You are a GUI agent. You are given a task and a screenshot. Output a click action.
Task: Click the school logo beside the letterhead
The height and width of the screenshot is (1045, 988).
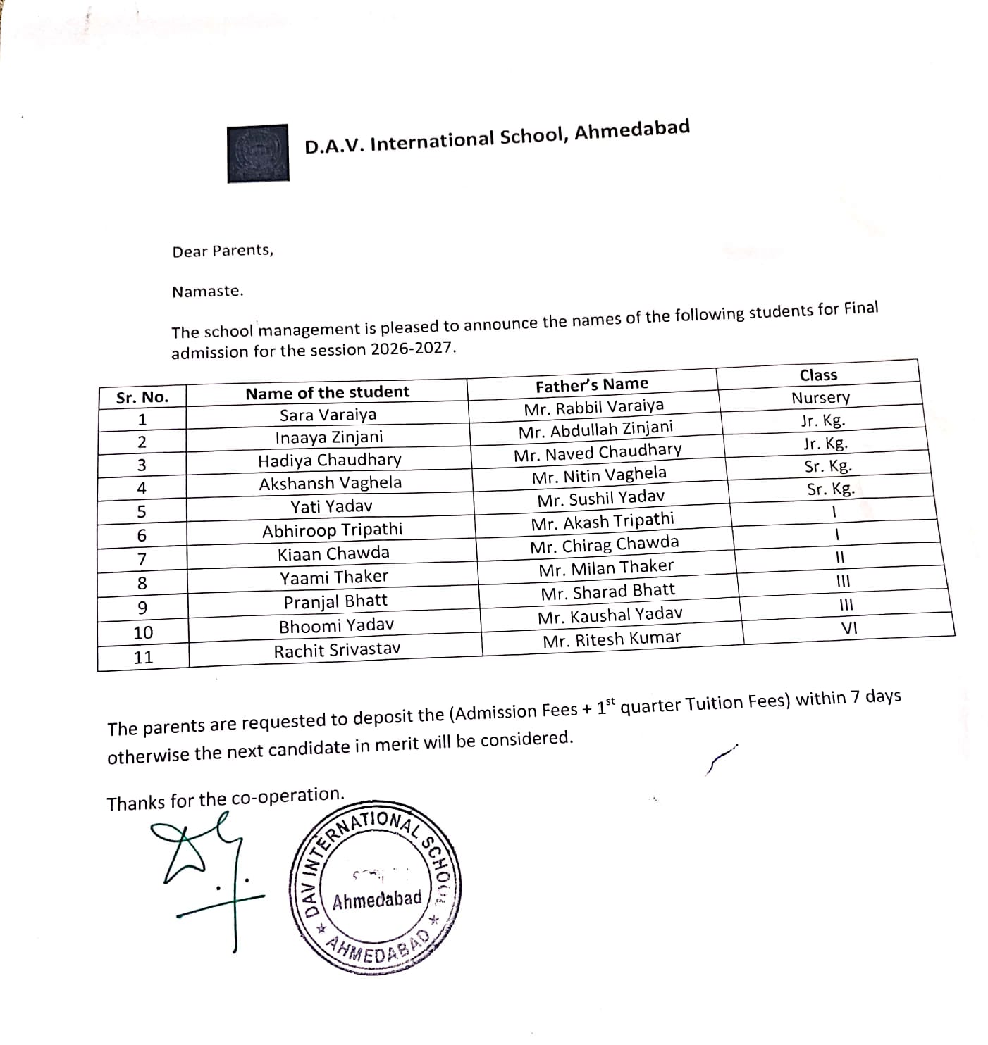[x=258, y=154]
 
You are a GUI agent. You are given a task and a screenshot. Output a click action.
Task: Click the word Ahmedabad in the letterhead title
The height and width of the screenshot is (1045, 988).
[x=632, y=130]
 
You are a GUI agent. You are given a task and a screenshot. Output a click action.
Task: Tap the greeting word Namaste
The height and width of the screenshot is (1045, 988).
[x=207, y=292]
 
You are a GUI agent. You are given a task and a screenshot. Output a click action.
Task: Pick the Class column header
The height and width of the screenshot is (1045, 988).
[x=818, y=375]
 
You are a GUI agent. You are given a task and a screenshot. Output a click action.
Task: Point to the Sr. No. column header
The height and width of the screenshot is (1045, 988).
[x=142, y=397]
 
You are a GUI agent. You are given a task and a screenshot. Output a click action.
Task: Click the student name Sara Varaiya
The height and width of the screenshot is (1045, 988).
[x=328, y=414]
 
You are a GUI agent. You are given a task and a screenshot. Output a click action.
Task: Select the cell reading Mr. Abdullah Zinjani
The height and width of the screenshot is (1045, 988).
[x=595, y=430]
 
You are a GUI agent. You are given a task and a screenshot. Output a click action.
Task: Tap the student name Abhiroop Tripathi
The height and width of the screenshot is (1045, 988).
[x=332, y=530]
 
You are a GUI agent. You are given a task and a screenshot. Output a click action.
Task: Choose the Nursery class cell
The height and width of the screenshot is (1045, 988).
[x=820, y=398]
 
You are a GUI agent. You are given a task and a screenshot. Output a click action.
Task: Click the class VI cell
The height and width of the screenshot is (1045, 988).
[x=849, y=629]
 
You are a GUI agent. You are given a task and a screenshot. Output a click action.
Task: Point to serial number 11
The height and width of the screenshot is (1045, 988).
[x=143, y=658]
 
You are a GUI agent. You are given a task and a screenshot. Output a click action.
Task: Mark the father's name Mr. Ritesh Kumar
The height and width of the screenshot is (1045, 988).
[x=612, y=639]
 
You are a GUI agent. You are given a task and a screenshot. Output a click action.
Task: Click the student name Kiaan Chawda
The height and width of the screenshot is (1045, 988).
[x=333, y=553]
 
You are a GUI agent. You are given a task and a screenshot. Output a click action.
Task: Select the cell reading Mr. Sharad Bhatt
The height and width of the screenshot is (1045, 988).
[x=607, y=592]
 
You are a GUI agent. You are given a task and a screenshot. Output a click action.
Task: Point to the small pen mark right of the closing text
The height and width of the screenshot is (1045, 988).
[x=720, y=759]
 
